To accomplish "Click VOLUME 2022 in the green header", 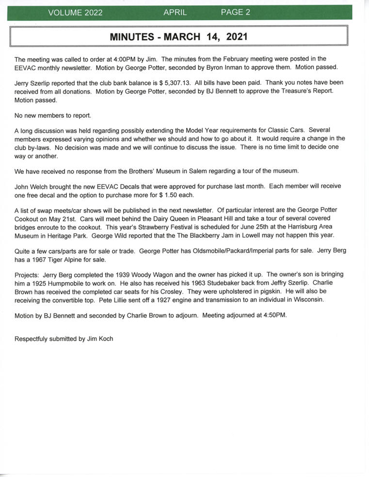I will click(75, 13).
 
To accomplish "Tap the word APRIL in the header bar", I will click(175, 13).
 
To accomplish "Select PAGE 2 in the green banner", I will click(236, 13).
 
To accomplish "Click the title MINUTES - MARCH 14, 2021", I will click(178, 37).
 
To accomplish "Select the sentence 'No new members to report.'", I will click(53, 115).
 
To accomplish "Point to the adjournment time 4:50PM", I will click(273, 315).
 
